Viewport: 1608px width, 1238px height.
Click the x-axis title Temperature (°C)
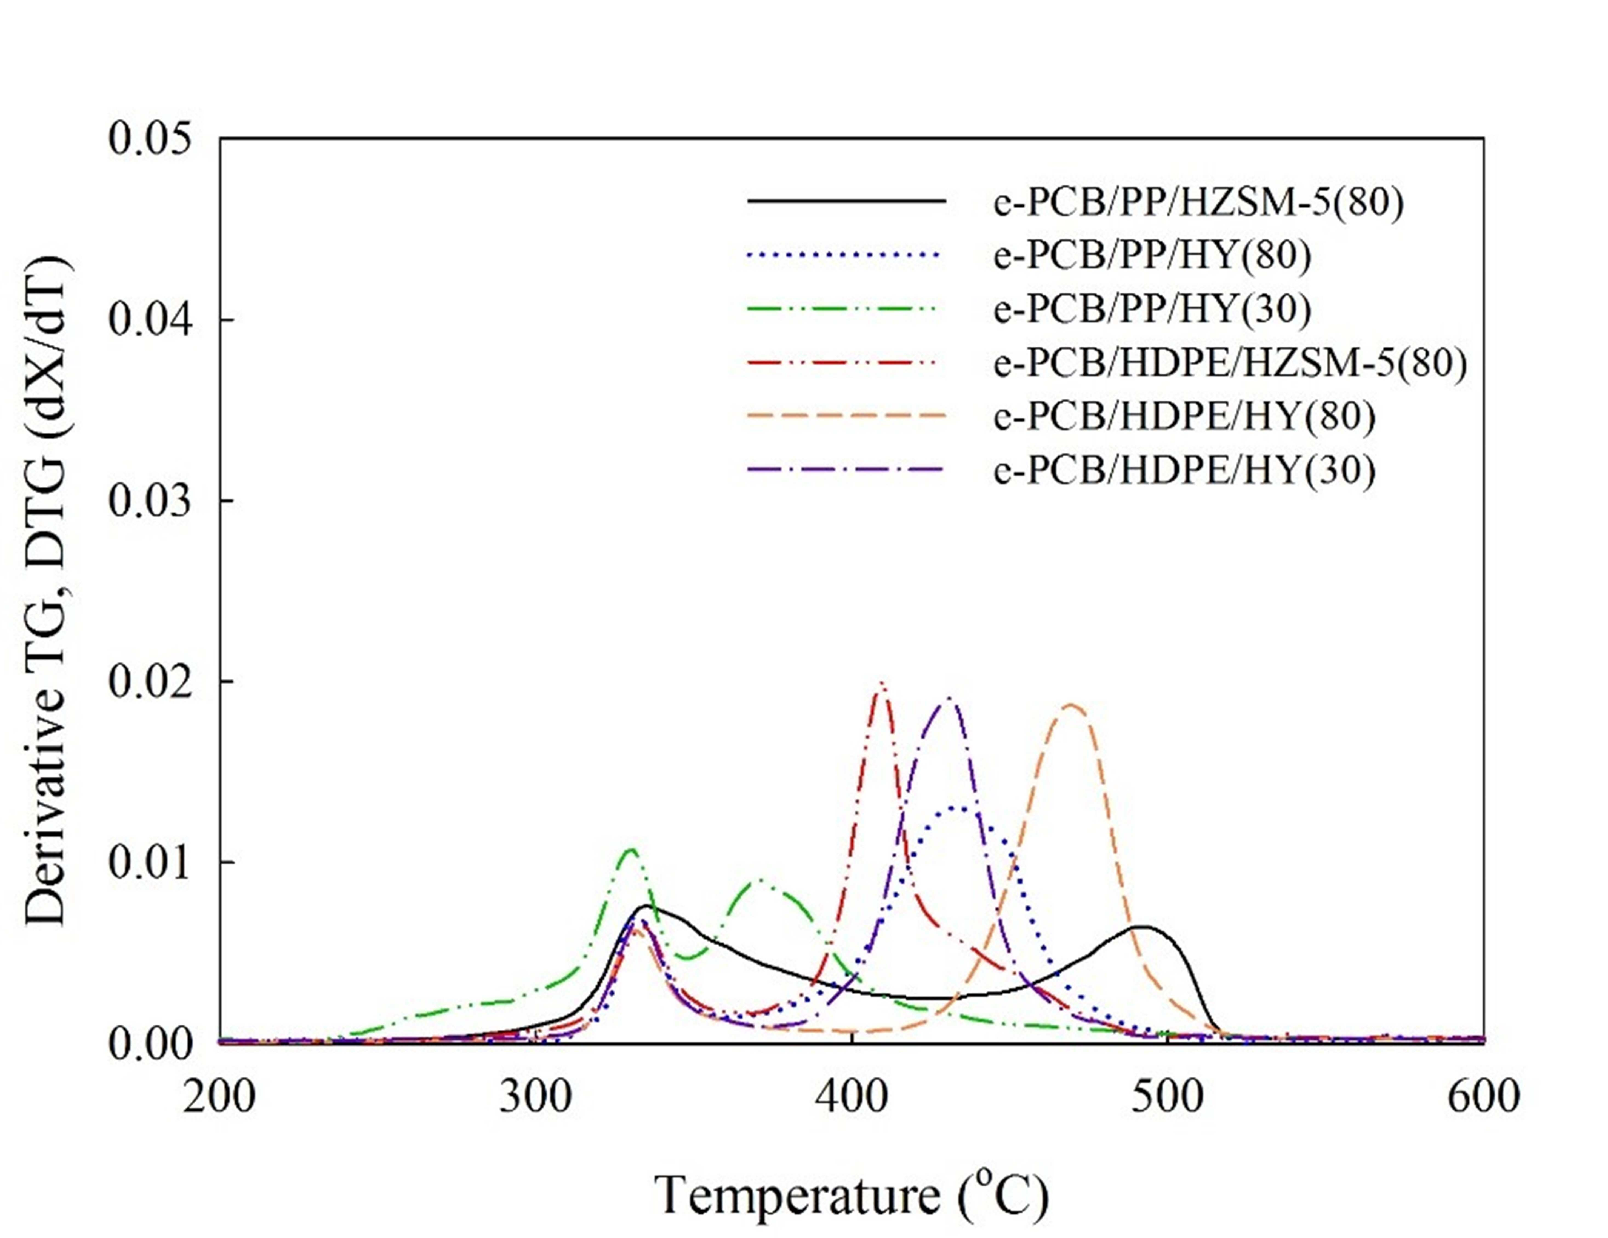(851, 1194)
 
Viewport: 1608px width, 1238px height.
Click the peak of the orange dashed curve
(1071, 704)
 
